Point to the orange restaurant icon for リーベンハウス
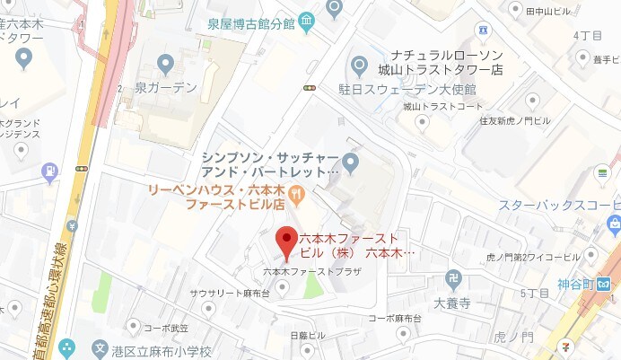point(298,191)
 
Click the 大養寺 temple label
point(451,303)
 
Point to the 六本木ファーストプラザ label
point(304,271)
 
